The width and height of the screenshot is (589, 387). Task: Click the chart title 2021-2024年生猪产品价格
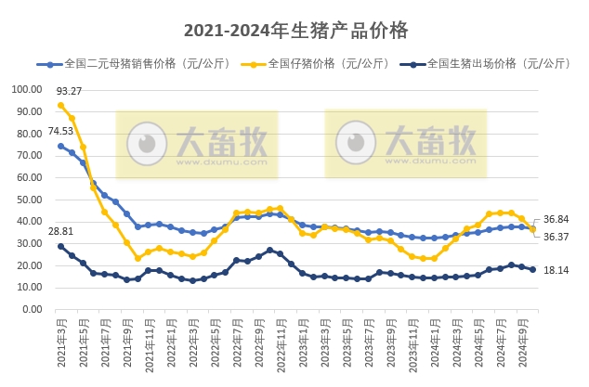click(x=295, y=30)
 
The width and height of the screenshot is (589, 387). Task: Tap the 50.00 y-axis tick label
click(x=28, y=200)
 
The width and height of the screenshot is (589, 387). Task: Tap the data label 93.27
click(x=69, y=91)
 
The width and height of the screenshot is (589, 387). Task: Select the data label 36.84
click(x=556, y=219)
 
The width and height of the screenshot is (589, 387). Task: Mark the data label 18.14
click(x=556, y=269)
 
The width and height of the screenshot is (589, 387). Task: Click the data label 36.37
click(x=556, y=237)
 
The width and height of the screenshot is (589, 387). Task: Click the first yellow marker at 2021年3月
click(x=61, y=105)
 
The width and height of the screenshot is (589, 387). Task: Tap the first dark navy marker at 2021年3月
click(x=61, y=246)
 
